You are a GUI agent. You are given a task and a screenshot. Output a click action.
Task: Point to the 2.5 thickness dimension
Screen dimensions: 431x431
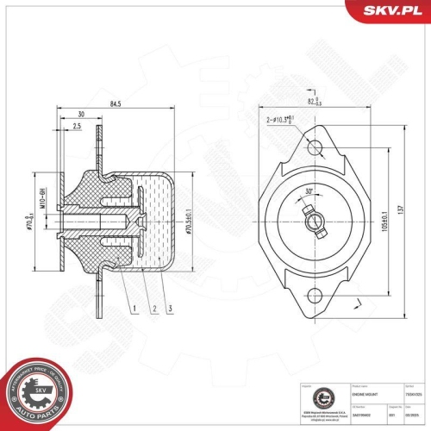pyautogui.click(x=77, y=126)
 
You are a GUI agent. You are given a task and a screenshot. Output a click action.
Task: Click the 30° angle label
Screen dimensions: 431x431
pyautogui.click(x=309, y=193)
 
